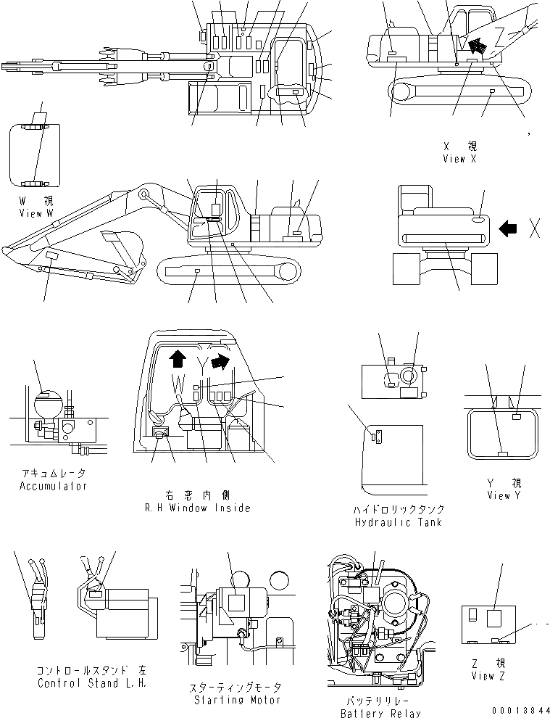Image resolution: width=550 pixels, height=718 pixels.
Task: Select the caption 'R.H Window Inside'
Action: coord(197,508)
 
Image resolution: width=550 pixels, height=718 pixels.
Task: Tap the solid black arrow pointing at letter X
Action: coord(509,228)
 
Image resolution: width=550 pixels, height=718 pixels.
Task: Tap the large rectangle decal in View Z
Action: coord(494,618)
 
